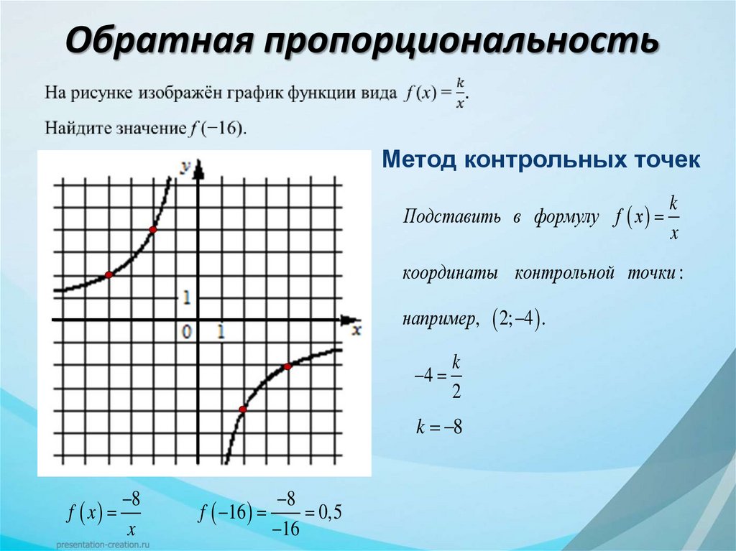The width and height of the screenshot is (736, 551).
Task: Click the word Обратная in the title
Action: click(160, 41)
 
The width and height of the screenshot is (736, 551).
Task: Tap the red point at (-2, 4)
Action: click(152, 230)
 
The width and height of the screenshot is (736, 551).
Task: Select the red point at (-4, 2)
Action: click(109, 275)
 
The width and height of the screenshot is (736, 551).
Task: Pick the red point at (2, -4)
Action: click(242, 409)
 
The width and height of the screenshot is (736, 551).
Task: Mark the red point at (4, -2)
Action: click(287, 366)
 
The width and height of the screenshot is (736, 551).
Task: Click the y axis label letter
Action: click(185, 167)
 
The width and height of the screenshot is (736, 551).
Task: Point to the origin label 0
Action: click(187, 332)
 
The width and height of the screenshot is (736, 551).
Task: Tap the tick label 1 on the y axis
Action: click(187, 296)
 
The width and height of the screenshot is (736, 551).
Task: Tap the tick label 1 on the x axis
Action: click(221, 332)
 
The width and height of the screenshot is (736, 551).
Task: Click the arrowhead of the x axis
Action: click(349, 319)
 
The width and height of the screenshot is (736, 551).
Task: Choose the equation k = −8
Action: click(438, 428)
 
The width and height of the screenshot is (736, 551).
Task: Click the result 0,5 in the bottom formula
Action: click(327, 513)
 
